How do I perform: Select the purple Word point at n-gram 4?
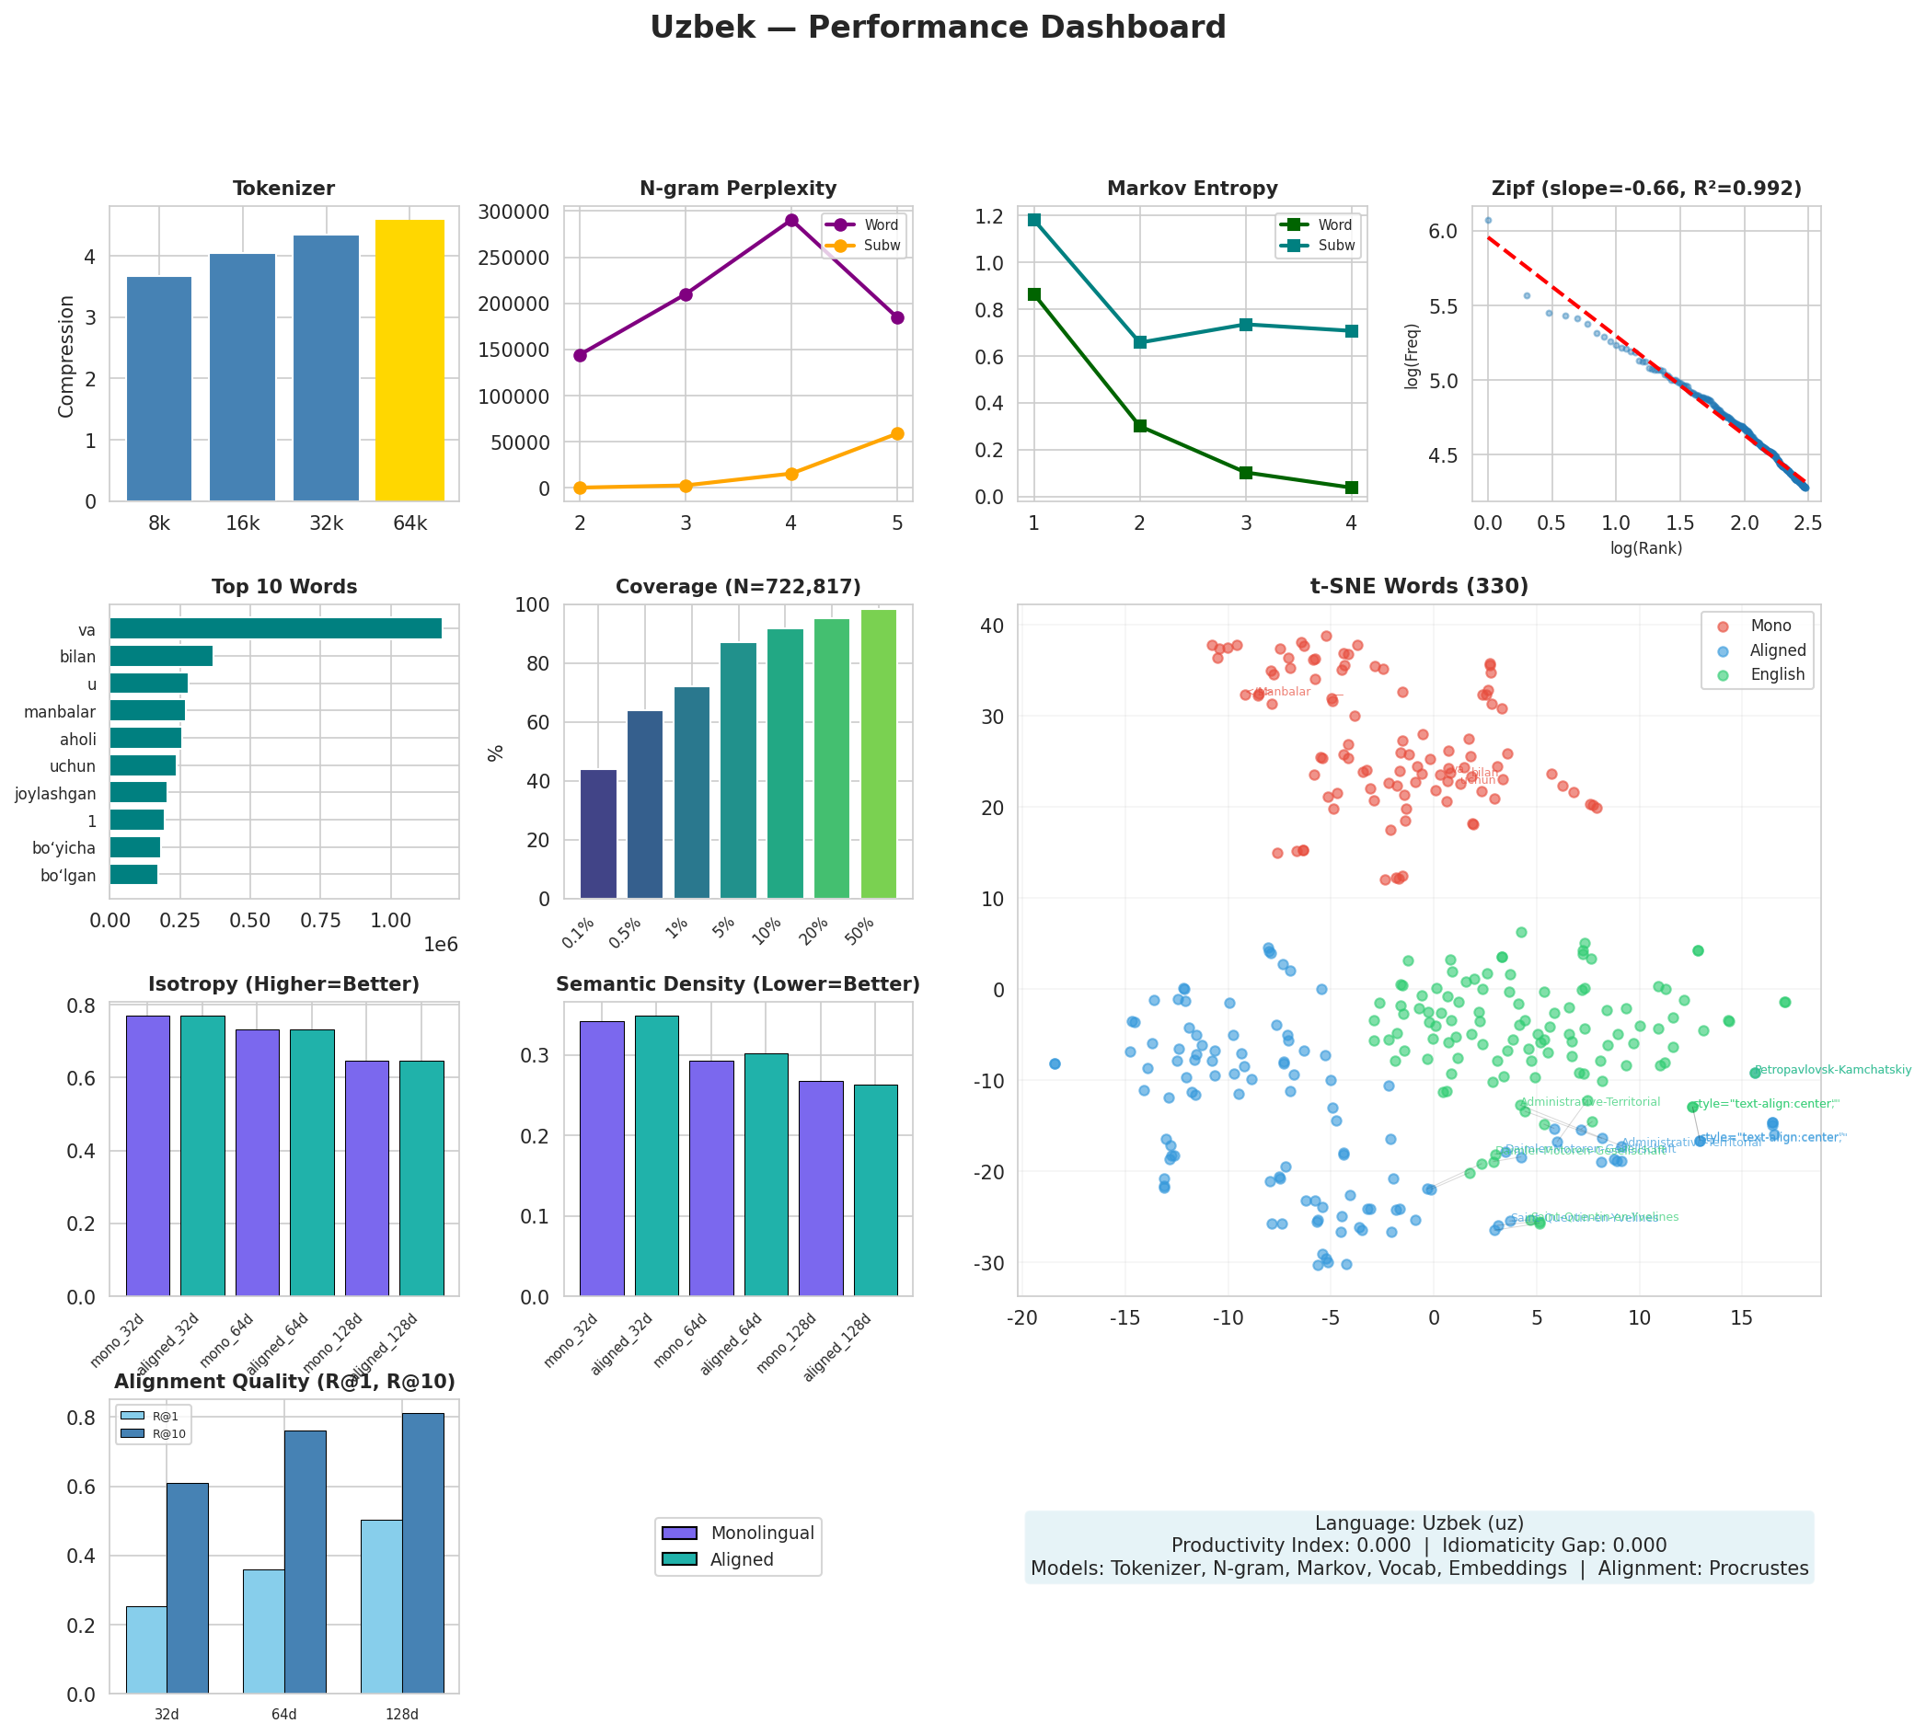(790, 220)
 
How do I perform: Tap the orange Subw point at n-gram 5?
(896, 434)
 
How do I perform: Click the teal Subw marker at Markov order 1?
(1033, 219)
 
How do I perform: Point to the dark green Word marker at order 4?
(1351, 488)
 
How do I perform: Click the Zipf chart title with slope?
(1645, 189)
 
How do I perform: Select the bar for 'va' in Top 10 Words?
(275, 628)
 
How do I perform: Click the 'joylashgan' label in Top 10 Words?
(55, 793)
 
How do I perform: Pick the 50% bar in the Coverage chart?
(877, 753)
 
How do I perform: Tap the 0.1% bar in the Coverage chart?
(598, 833)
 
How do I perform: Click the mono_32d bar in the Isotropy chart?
(148, 1155)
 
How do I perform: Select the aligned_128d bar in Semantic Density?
(875, 1189)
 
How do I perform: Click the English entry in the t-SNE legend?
(1777, 674)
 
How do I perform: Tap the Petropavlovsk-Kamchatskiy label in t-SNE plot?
(1831, 1070)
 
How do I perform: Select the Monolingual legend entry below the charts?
(761, 1533)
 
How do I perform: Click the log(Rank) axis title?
(1645, 548)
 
